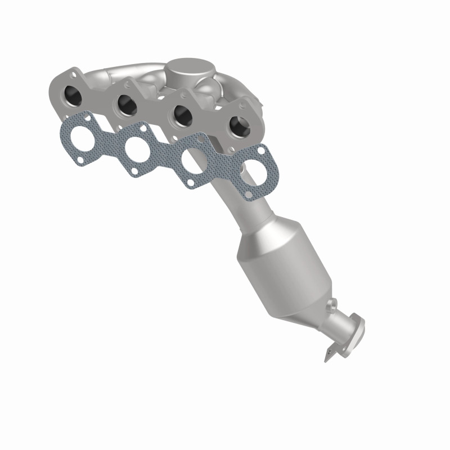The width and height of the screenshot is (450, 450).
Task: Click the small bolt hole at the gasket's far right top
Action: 262,150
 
